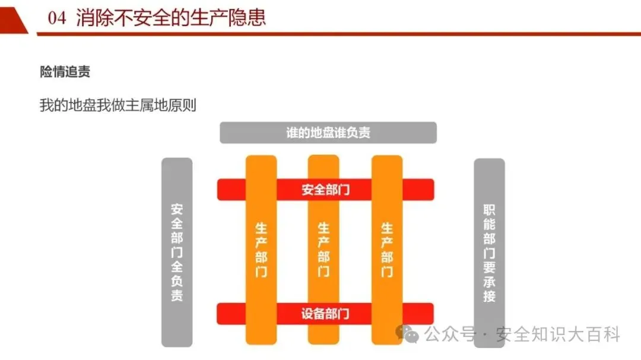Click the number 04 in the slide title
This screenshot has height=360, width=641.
57,18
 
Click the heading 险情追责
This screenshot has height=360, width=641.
65,72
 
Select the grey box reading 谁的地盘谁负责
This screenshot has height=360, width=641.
328,132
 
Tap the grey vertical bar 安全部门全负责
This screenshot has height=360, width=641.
177,253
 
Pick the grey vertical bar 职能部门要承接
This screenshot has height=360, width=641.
489,253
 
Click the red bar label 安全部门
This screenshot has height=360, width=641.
325,190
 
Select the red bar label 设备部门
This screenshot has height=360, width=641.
325,314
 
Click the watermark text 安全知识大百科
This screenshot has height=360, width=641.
557,334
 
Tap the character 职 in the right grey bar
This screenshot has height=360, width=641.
489,210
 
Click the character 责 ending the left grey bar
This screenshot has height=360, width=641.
177,295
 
